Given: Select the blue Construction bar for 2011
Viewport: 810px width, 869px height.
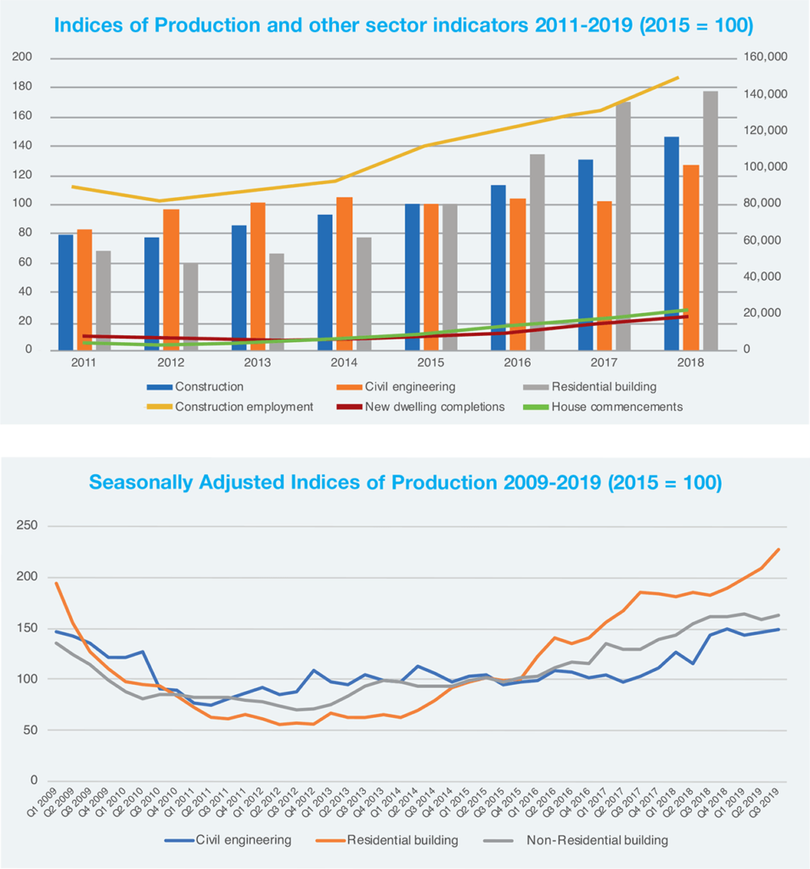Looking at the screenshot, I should [x=65, y=292].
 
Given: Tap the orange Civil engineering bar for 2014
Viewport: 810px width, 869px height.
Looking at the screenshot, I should [x=344, y=273].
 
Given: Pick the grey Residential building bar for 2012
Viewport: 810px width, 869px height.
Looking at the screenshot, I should [x=190, y=306].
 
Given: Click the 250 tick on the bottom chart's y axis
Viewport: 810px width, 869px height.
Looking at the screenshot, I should [x=27, y=526].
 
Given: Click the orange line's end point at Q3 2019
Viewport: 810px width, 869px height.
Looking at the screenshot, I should [x=779, y=549].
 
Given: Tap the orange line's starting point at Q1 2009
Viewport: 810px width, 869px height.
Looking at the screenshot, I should [x=57, y=582].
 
